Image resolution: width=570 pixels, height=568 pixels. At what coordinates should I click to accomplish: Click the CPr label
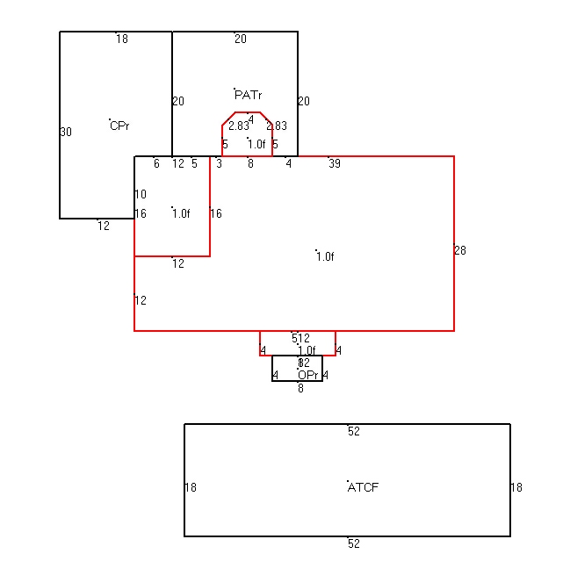click(120, 126)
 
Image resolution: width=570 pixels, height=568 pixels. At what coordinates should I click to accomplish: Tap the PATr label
click(248, 95)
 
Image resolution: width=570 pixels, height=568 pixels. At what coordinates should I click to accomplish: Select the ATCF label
click(364, 486)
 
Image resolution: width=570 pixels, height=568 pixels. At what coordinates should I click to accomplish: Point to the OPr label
click(307, 375)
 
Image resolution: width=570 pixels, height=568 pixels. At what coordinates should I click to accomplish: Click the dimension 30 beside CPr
click(66, 132)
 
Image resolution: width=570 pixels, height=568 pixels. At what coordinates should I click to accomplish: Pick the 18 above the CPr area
click(122, 39)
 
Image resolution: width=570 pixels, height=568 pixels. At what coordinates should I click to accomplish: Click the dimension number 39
click(335, 163)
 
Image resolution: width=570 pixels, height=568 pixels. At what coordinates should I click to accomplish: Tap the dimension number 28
click(460, 250)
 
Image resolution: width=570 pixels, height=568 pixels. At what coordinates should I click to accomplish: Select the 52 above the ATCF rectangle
click(354, 431)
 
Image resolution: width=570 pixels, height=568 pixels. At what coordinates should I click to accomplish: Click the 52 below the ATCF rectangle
click(354, 543)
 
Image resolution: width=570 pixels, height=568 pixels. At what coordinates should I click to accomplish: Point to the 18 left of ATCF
click(191, 487)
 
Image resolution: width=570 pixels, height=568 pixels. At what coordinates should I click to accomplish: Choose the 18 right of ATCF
click(516, 487)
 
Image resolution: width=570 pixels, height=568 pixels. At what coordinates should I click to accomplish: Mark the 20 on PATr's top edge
click(241, 39)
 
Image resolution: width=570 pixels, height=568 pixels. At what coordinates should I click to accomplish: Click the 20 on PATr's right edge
click(304, 101)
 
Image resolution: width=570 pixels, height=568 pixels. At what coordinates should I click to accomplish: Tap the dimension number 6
click(156, 163)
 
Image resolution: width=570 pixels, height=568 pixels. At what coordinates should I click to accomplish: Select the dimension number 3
click(219, 163)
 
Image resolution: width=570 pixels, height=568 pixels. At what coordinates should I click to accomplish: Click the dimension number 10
click(141, 194)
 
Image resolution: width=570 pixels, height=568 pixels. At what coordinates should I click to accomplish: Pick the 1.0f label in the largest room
click(326, 257)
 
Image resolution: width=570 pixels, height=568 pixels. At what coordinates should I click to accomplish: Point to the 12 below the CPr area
click(104, 226)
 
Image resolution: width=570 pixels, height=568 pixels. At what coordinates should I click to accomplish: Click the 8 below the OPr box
click(300, 387)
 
